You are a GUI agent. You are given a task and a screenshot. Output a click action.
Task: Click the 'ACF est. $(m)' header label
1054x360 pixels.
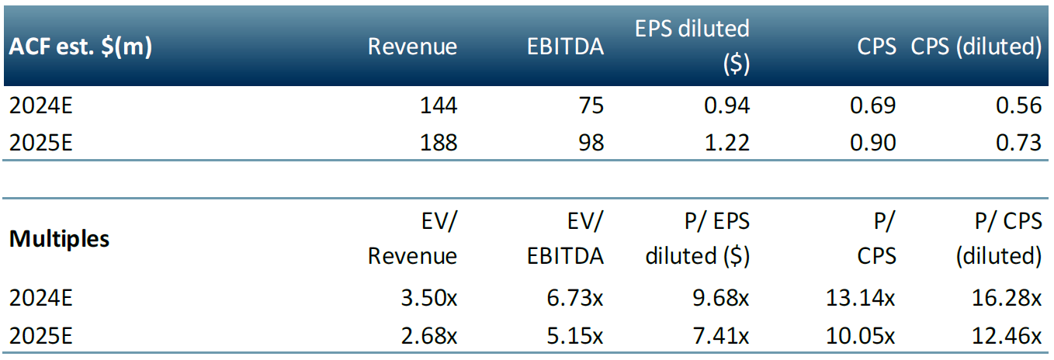point(81,47)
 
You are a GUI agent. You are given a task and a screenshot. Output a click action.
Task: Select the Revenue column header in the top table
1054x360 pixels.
point(412,47)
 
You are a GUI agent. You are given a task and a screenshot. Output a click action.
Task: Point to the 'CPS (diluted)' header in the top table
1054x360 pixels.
point(976,47)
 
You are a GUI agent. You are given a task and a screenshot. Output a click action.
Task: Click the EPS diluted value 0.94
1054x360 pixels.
point(726,106)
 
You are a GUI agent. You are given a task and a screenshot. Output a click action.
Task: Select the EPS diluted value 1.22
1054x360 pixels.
point(726,142)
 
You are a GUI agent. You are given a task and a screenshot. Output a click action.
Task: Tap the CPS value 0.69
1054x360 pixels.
point(872,106)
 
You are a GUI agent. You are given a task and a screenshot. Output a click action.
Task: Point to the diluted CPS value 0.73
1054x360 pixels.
point(1018,142)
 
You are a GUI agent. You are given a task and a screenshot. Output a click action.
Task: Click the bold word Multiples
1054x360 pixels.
point(59,239)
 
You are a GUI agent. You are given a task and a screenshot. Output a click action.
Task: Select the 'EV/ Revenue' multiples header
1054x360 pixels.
point(413,239)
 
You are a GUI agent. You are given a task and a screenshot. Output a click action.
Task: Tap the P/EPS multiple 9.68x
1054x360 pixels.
point(719,298)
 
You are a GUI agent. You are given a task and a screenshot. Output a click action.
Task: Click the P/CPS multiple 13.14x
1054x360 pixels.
point(859,298)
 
